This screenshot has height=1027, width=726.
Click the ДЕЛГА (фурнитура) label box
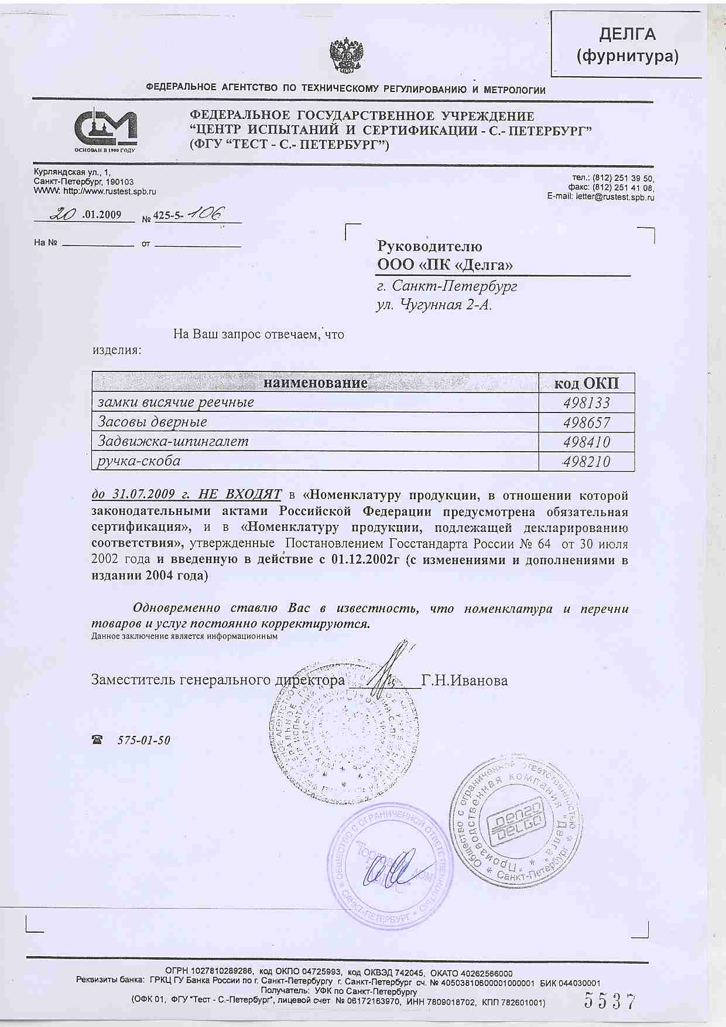627,45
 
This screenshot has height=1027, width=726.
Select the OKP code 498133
587,403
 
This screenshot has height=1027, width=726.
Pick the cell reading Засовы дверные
153,422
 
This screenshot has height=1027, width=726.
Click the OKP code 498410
587,442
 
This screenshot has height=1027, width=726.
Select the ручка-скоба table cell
139,461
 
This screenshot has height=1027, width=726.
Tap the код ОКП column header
587,384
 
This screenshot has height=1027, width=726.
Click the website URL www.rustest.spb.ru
110,191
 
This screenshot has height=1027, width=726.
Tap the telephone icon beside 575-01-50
96,740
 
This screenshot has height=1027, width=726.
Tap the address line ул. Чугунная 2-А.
433,305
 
